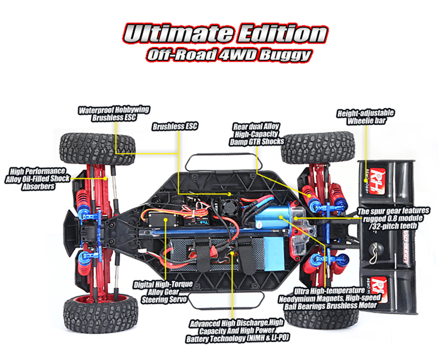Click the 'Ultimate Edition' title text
[225, 33]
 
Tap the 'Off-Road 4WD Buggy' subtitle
[229, 55]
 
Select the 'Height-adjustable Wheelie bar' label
[366, 117]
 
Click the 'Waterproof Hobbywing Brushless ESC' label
[114, 114]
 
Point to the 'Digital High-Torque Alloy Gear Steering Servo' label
[164, 292]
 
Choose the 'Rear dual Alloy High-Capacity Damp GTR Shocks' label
[256, 134]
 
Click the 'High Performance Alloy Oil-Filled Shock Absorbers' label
[38, 179]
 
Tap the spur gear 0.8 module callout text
[393, 219]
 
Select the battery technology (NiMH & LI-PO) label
[237, 331]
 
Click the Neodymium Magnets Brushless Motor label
[330, 298]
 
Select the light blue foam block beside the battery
[274, 253]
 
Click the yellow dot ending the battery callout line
[232, 253]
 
